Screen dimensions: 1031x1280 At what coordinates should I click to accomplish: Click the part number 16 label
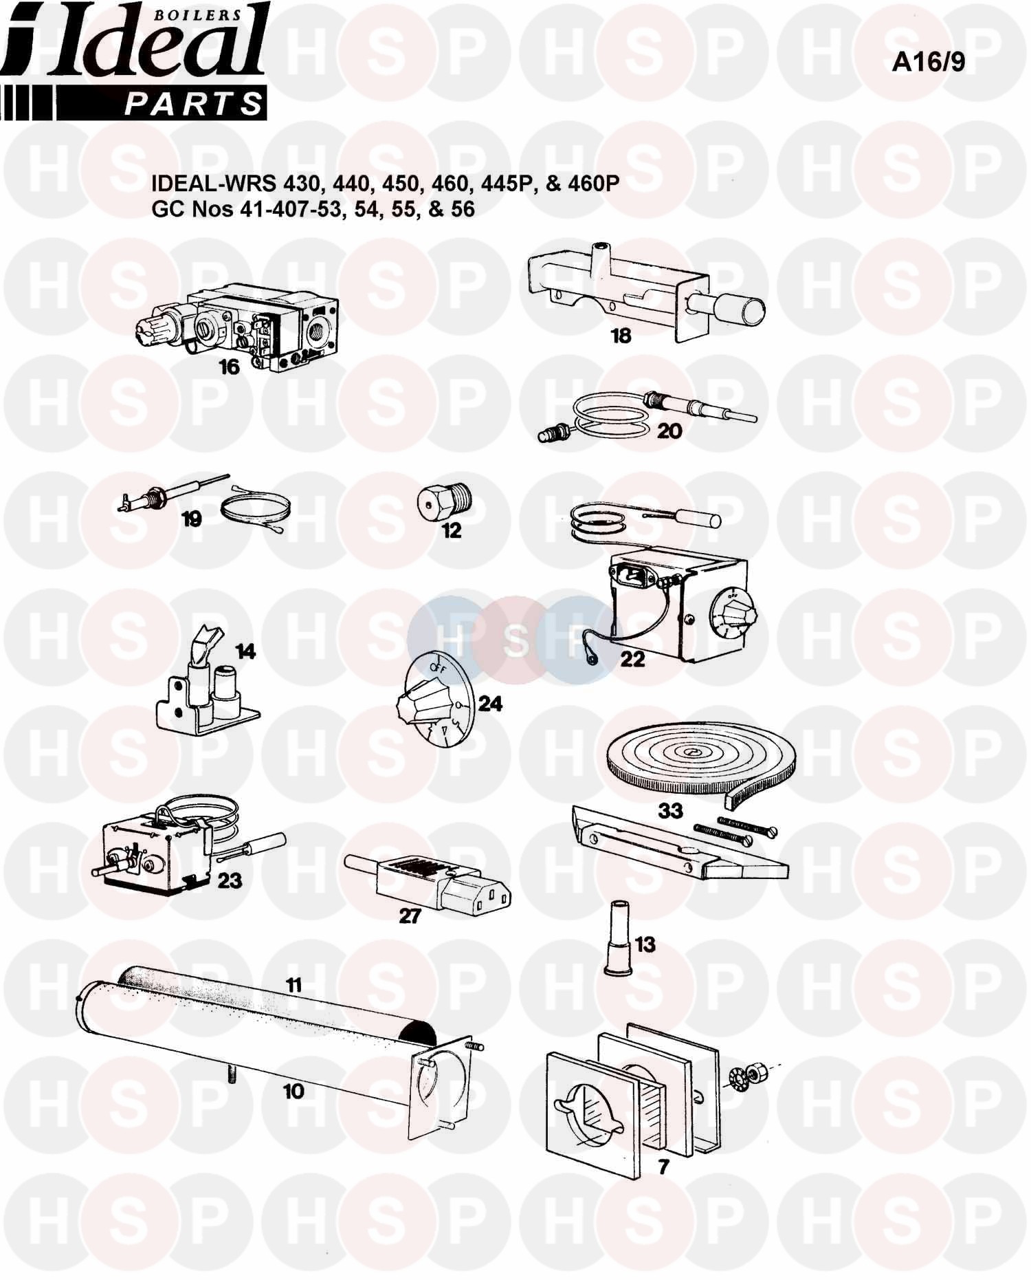pos(229,367)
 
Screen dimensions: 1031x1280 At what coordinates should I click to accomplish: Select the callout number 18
pos(621,336)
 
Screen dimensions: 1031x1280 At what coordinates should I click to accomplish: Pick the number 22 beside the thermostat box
pos(632,659)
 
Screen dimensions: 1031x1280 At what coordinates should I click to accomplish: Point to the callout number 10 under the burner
pos(293,1091)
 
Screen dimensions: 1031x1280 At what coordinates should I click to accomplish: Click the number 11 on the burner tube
pos(293,986)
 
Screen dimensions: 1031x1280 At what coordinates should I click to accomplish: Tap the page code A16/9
pos(928,62)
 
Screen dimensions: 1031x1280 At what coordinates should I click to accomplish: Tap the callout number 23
pos(230,880)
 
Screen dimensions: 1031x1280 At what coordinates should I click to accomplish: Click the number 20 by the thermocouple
pos(669,431)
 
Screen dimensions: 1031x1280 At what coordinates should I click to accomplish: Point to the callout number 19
pos(191,519)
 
